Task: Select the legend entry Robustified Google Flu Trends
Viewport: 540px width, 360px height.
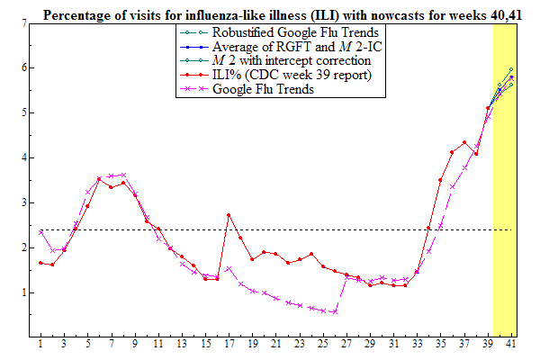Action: [x=278, y=32]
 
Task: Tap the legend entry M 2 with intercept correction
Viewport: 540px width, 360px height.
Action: [x=279, y=61]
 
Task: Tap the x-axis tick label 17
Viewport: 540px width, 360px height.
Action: [x=229, y=345]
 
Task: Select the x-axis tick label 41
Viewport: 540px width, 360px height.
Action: [x=510, y=345]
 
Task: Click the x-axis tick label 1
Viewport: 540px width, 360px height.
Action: [x=40, y=345]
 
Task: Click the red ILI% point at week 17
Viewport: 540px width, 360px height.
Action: [x=229, y=215]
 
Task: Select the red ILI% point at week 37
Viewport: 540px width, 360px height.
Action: [x=463, y=142]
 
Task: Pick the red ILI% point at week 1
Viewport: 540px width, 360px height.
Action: [x=40, y=263]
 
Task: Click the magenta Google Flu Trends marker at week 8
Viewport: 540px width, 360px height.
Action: [x=122, y=175]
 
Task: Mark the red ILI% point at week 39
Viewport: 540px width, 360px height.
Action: [x=487, y=109]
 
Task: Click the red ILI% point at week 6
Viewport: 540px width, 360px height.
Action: [x=99, y=179]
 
